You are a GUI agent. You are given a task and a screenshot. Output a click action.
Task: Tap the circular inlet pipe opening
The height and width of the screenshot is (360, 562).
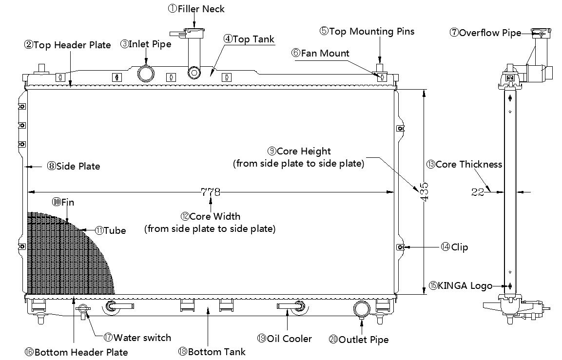point(146,74)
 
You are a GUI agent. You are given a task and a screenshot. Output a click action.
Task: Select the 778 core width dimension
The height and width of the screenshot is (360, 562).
point(211,192)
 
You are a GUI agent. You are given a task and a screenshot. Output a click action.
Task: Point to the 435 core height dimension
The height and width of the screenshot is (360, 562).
point(424,192)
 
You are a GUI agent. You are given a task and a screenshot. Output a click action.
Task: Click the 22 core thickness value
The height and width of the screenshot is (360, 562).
point(477,192)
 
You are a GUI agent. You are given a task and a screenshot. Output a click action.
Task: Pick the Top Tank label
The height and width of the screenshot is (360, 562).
point(249,39)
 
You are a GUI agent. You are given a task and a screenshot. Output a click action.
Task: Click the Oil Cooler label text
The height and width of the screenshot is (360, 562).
point(285,339)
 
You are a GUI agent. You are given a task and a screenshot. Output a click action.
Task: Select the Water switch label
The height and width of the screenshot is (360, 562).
point(137,338)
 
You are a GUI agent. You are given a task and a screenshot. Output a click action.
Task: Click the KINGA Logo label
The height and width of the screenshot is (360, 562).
point(461,285)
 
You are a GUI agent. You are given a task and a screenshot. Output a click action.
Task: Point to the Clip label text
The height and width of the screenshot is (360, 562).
point(454,247)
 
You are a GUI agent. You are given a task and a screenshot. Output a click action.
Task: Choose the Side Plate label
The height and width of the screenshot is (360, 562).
point(74,166)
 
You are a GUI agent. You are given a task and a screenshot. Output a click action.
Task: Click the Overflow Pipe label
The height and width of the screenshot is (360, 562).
point(485,33)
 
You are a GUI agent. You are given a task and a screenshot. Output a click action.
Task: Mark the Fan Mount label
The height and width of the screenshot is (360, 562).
point(320,54)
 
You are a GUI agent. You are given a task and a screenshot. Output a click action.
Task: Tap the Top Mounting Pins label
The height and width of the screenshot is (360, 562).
point(367,32)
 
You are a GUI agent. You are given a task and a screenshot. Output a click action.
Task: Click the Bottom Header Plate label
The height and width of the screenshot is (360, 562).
point(76,352)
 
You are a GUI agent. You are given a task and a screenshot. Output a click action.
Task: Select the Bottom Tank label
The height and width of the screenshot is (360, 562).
point(212,352)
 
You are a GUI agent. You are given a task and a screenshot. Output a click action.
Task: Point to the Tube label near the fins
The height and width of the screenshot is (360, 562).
point(110,230)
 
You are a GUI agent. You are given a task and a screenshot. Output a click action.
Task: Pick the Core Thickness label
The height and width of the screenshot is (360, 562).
point(464,165)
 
